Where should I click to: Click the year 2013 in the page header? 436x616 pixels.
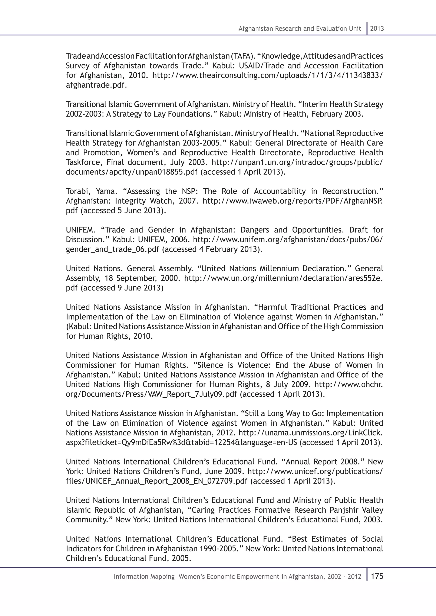(x=377, y=29)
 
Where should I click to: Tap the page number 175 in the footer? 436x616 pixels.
(x=377, y=576)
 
